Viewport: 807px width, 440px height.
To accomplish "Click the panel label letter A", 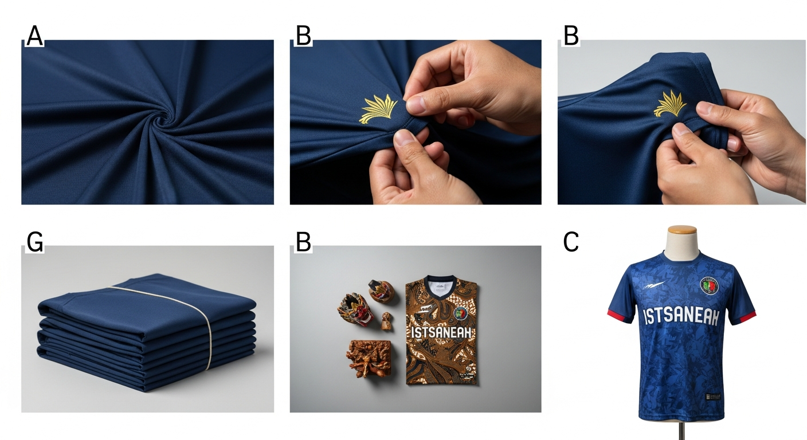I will [x=34, y=36].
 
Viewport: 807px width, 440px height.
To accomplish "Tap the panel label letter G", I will [x=34, y=242].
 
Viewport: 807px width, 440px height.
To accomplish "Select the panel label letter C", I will [x=571, y=242].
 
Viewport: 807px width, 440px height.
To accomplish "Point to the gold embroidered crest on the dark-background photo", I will [x=379, y=109].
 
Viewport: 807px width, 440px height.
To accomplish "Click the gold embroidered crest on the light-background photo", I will [x=670, y=104].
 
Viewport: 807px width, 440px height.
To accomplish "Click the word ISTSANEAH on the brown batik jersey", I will [x=440, y=333].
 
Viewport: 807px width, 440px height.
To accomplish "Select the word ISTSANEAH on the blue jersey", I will [x=681, y=316].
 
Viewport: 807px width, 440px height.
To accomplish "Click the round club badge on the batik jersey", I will [x=461, y=313].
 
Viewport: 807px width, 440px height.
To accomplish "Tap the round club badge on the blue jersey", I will [x=710, y=286].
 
